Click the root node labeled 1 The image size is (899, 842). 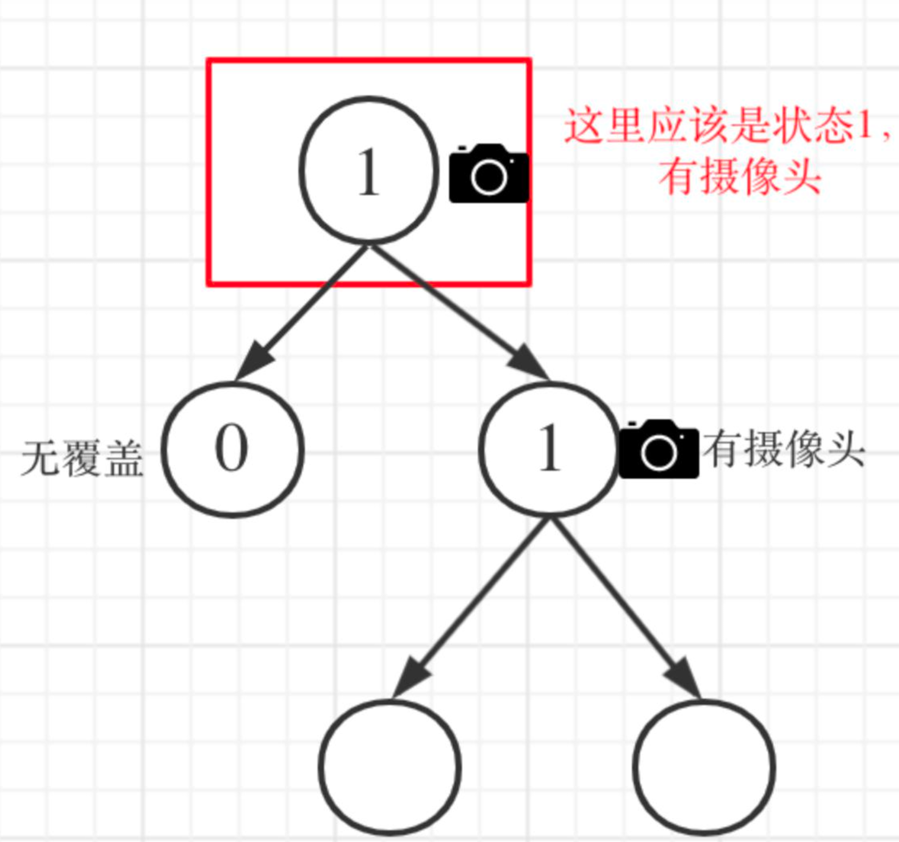(x=368, y=170)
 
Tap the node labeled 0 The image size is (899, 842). (x=232, y=449)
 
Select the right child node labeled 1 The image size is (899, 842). (x=549, y=449)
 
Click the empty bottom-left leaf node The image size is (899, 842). (x=389, y=767)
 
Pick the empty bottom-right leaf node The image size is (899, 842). (x=704, y=767)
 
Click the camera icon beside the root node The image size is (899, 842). (x=489, y=174)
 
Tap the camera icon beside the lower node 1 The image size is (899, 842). (x=658, y=450)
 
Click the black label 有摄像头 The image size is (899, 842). (x=784, y=450)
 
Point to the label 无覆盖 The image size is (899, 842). (x=82, y=458)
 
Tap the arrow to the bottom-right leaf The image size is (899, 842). (x=625, y=607)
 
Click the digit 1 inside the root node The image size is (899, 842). (x=368, y=173)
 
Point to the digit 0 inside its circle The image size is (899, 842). (x=232, y=448)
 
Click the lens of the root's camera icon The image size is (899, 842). (x=489, y=178)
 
